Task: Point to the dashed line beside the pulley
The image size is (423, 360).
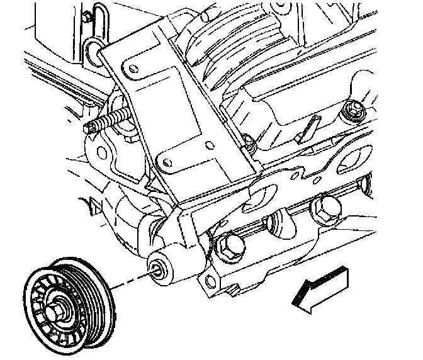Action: click(x=129, y=282)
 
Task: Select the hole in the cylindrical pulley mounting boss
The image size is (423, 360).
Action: click(x=156, y=271)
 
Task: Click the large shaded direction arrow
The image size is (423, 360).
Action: click(x=321, y=287)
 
